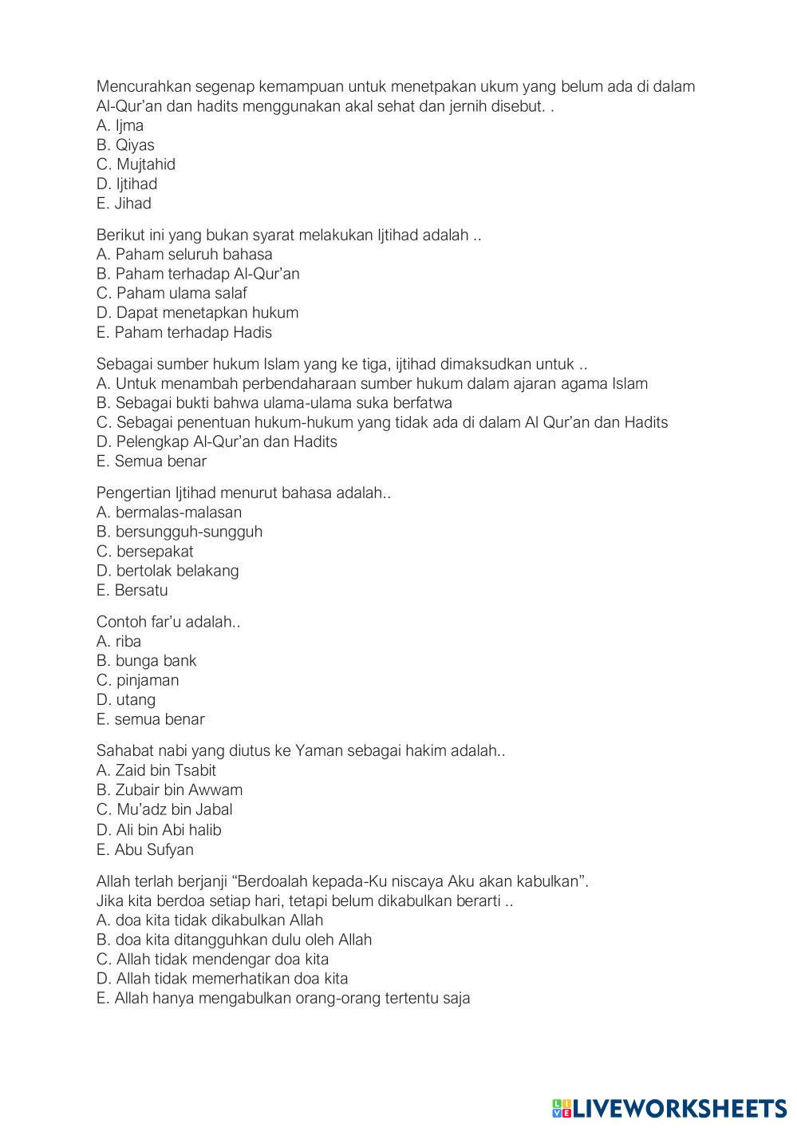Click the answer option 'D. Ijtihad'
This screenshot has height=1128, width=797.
click(x=127, y=184)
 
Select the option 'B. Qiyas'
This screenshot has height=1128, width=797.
click(x=125, y=145)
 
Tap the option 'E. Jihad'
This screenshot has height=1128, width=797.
click(x=124, y=204)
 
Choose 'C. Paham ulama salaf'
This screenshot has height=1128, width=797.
click(x=172, y=293)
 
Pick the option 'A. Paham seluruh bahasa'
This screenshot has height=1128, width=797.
click(x=184, y=255)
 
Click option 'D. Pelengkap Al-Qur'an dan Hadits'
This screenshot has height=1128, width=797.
click(x=216, y=441)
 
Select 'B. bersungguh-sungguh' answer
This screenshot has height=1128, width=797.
click(x=179, y=532)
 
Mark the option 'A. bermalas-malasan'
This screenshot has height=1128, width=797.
click(x=168, y=513)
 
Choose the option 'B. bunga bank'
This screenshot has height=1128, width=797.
click(x=146, y=661)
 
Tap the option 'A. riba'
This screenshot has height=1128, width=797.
click(x=118, y=641)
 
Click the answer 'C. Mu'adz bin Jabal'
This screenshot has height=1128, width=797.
click(x=164, y=809)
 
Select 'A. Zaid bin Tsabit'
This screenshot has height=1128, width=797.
click(x=156, y=770)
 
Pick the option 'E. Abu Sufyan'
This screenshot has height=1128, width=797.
click(x=144, y=849)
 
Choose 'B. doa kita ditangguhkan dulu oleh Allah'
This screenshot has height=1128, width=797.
click(x=234, y=940)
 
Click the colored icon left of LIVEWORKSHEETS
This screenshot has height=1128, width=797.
click(x=562, y=1107)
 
